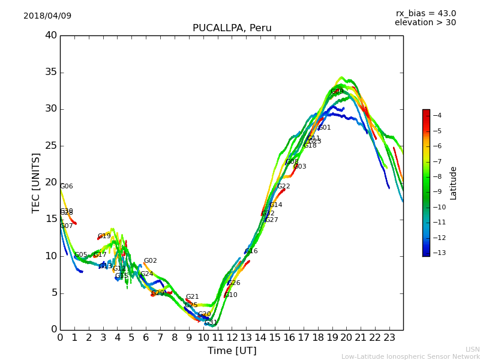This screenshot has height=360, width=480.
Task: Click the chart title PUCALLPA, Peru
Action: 232,28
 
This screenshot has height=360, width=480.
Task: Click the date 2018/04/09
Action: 47,16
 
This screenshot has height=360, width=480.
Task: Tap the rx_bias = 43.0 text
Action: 425,14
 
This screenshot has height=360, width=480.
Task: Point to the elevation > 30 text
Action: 425,23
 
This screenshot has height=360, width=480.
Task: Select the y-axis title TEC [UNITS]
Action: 37,182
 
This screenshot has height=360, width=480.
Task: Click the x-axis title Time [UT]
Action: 232,351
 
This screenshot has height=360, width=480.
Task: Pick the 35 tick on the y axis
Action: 50,73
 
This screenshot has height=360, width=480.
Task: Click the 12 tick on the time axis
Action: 232,338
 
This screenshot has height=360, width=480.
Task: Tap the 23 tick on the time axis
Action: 389,338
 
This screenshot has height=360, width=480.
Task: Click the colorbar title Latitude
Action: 454,183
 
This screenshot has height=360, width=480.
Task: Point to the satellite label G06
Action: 67,187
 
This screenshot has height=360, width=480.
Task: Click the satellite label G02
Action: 151,261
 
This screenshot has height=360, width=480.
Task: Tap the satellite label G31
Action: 211,323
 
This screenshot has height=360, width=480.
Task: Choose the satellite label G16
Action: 251,251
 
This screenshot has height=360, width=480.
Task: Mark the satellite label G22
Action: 284,187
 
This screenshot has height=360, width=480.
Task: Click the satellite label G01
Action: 325,128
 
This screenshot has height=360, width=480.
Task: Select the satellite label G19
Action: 104,236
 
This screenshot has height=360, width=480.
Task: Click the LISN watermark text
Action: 472,349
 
